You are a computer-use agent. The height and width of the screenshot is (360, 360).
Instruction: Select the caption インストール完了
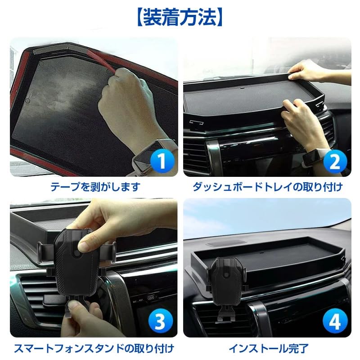point(268,348)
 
